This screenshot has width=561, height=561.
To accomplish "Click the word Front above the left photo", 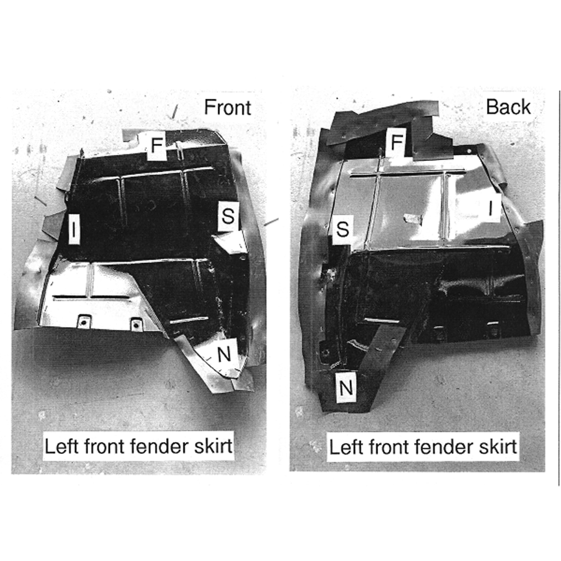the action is point(228,107).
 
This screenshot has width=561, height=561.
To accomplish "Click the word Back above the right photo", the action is point(508,107).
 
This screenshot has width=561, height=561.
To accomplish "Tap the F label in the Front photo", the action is point(157,145).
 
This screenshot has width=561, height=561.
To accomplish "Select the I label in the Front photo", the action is point(73,229).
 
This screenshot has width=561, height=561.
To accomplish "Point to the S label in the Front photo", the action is point(228,216).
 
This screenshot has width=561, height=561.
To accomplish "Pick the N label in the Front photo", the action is point(224,355).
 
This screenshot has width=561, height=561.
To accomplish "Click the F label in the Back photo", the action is point(397,142).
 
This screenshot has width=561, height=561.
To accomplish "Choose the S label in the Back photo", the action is point(342,229).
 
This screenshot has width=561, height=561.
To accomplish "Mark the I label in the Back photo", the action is point(491,208).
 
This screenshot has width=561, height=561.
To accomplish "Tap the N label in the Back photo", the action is point(346,387).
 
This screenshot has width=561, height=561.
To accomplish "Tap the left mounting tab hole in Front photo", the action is point(84,323).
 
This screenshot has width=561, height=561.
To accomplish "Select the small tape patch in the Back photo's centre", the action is point(412,219).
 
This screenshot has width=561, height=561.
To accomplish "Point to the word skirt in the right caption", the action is point(498,447).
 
